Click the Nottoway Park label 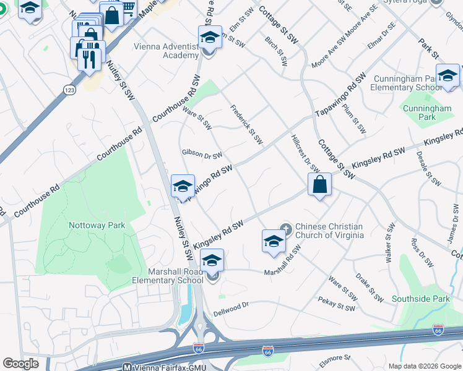pos(97,226)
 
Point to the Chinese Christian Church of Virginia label pos(329,231)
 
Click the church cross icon pos(285,227)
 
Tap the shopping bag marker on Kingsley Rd pos(319,185)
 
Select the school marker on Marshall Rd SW pos(273,242)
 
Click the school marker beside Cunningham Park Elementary pos(448,76)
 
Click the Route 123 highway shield pos(69,90)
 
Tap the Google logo pos(20,364)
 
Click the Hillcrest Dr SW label pos(303,153)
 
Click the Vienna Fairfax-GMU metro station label pos(164,367)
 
